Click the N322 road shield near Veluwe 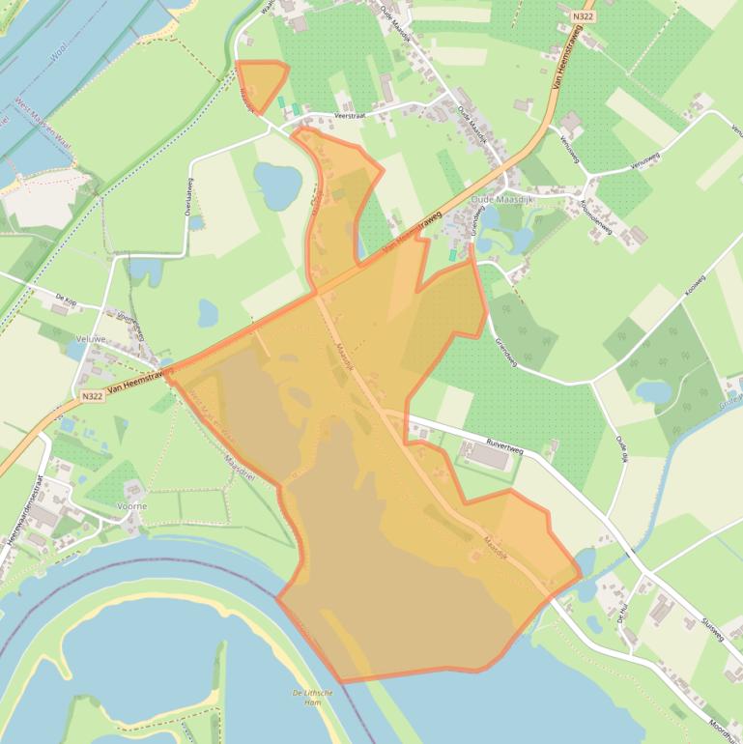tap(92, 396)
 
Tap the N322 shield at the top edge tap(582, 16)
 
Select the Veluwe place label tap(91, 339)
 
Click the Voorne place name tap(131, 505)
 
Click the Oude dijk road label tap(624, 450)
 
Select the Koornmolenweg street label tap(595, 214)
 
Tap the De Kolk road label tap(66, 300)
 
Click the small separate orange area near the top tap(260, 83)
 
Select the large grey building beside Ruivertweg tap(489, 455)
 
